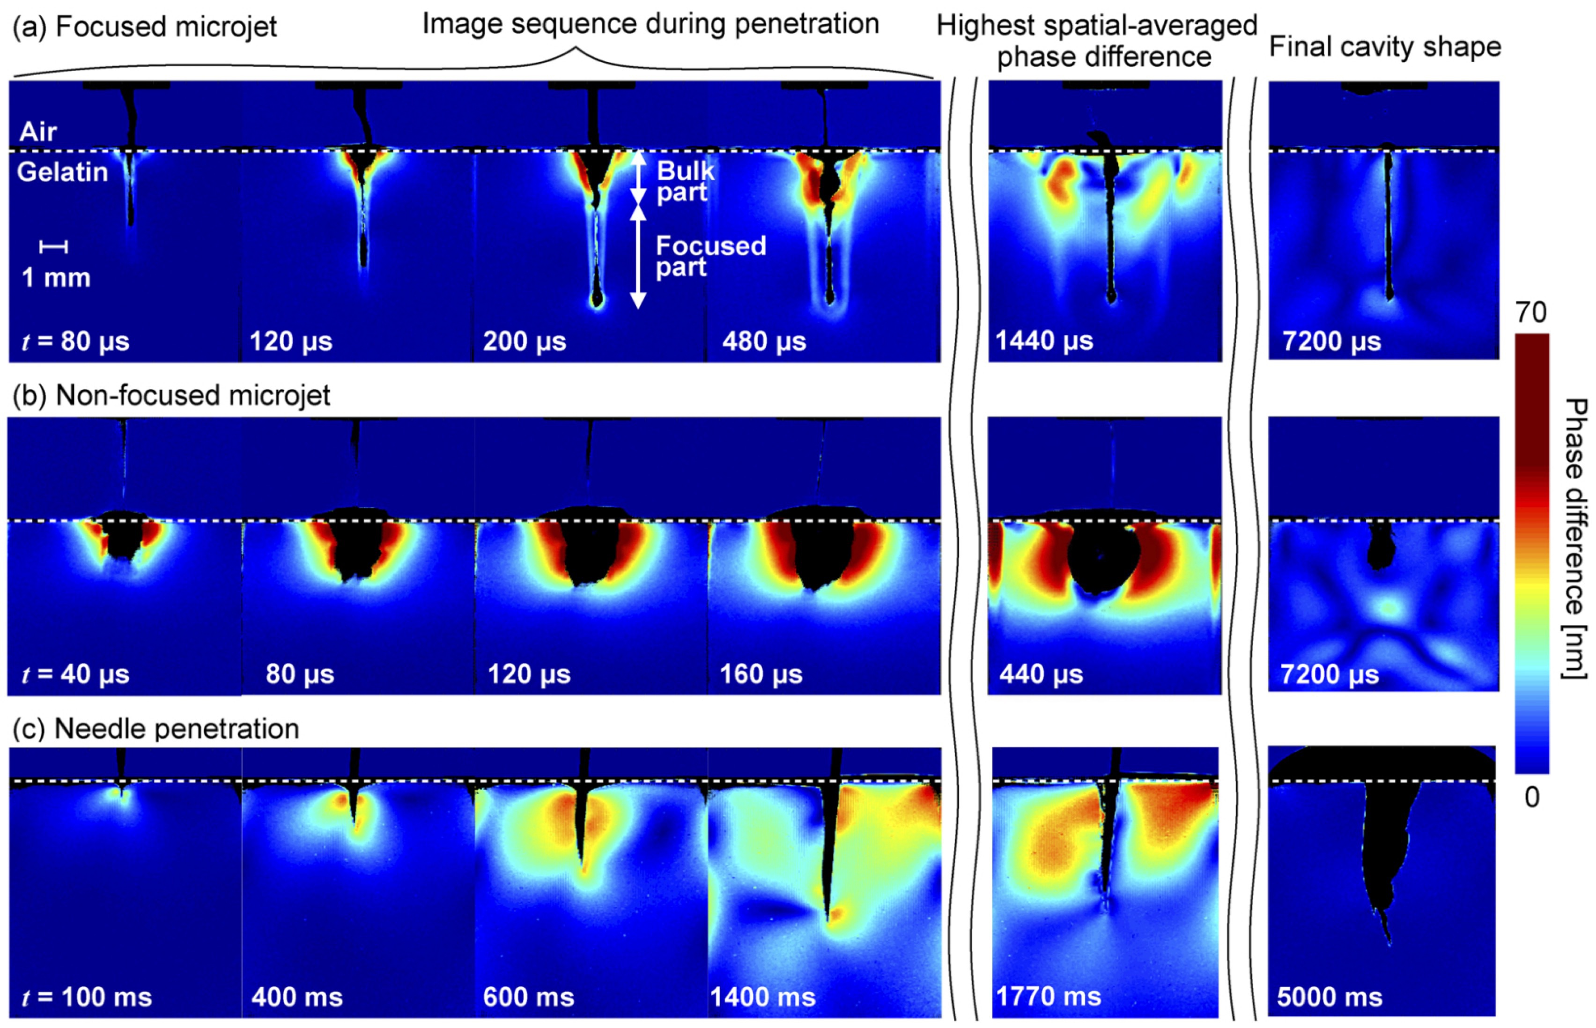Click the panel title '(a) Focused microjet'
(144, 27)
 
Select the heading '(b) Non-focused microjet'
(171, 395)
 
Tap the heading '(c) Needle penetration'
(155, 729)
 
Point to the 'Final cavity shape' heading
(1385, 47)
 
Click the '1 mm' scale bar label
(56, 277)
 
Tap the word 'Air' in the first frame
(38, 132)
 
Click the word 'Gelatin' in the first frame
(63, 172)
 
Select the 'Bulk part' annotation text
(684, 182)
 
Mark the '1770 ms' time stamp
(1048, 997)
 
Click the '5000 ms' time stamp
(1329, 997)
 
